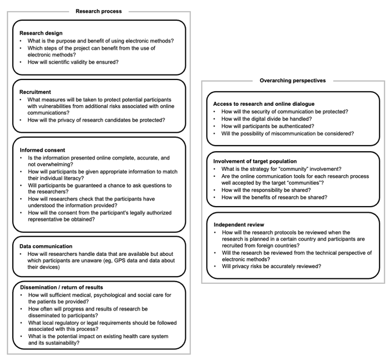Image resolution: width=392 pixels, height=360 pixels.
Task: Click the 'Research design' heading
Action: pos(41,33)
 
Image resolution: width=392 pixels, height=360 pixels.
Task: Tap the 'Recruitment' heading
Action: pos(35,92)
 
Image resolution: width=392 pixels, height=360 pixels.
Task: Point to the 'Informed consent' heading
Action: pos(43,150)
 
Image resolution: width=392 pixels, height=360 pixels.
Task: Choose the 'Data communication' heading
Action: pos(46,246)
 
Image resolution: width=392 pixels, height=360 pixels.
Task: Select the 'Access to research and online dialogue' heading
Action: pos(264,104)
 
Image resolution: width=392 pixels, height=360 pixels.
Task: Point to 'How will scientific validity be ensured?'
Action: pos(73,62)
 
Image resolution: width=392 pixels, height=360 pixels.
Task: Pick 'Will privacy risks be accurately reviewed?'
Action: pos(272,267)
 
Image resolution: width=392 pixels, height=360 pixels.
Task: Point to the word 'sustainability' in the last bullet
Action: pos(59,343)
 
